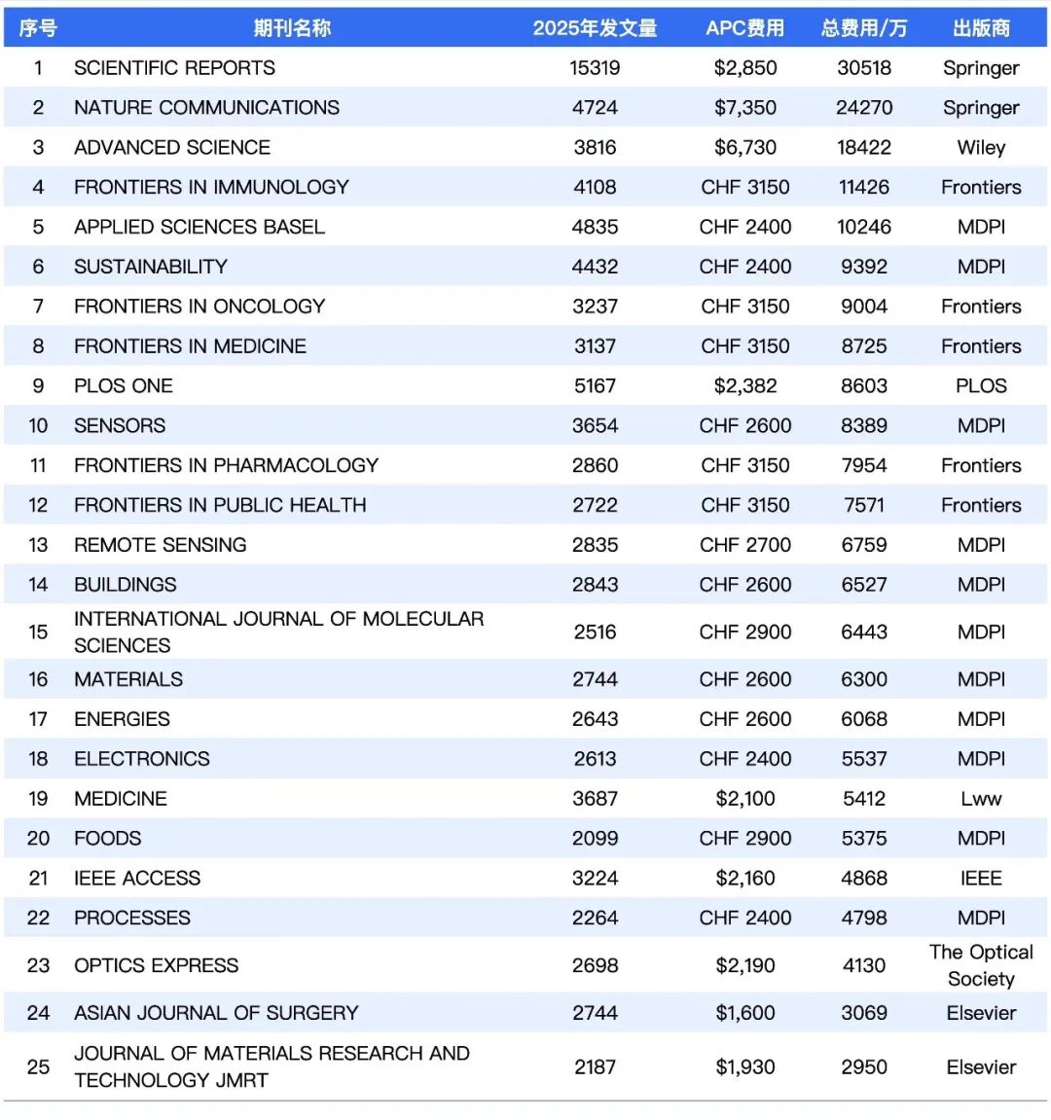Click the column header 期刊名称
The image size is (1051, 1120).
coord(292,28)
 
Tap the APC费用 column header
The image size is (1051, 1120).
coord(744,28)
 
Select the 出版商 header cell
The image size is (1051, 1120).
coord(981,28)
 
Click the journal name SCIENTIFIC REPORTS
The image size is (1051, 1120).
coord(174,68)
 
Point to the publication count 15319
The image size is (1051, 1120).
coord(595,68)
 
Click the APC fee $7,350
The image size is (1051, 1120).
coord(744,108)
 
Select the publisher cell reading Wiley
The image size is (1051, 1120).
coord(981,148)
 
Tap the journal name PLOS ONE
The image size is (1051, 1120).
coord(124,386)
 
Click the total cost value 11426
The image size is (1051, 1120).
coord(864,188)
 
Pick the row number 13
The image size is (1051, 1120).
coord(38,545)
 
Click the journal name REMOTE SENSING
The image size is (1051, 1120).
coord(161,545)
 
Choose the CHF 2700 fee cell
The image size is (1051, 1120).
coord(744,545)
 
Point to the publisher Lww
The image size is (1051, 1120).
coord(981,799)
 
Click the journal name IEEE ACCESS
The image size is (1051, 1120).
coord(137,879)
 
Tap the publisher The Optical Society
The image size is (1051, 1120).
coord(981,965)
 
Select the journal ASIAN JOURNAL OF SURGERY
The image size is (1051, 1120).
coord(216,1013)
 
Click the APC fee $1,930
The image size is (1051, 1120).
coord(744,1067)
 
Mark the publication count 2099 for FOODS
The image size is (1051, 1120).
coord(595,839)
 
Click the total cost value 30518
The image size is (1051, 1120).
coord(864,68)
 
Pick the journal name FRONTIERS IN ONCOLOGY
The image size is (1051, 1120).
coord(199,307)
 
